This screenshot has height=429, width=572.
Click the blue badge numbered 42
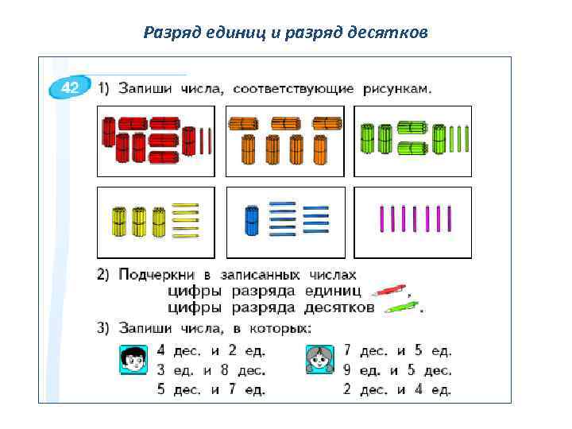click(x=68, y=88)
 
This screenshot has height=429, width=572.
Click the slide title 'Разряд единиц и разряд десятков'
click(x=286, y=32)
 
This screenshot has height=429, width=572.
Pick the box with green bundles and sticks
click(x=412, y=141)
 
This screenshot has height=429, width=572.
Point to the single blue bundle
click(x=252, y=221)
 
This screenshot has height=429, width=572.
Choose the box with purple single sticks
click(x=412, y=222)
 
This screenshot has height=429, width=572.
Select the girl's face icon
click(x=319, y=360)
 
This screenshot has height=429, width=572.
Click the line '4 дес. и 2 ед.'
click(x=211, y=350)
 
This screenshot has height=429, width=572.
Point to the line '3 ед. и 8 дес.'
click(x=211, y=369)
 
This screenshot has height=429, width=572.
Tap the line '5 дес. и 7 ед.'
click(x=211, y=389)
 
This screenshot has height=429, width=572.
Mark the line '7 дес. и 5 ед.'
click(x=397, y=350)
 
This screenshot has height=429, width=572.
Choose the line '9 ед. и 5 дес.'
click(x=397, y=369)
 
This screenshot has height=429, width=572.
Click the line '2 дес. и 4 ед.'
click(x=397, y=389)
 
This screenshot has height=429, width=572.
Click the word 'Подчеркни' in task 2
click(x=155, y=275)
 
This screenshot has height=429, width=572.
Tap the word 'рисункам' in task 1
click(x=397, y=89)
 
